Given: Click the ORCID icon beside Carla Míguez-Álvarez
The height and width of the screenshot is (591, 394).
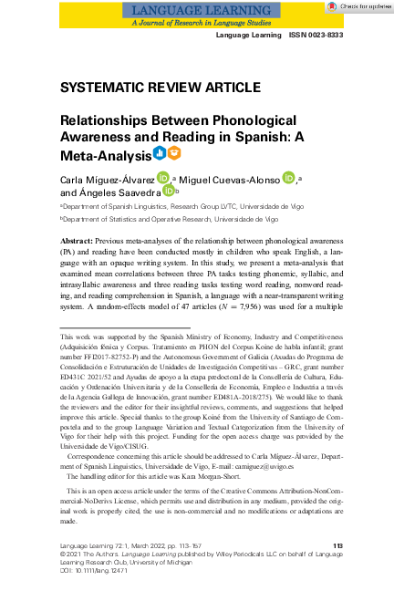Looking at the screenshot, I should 162,177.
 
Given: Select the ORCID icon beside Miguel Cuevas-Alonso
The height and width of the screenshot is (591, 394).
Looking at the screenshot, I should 289,177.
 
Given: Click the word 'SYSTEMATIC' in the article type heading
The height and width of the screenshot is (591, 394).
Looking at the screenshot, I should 102,88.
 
